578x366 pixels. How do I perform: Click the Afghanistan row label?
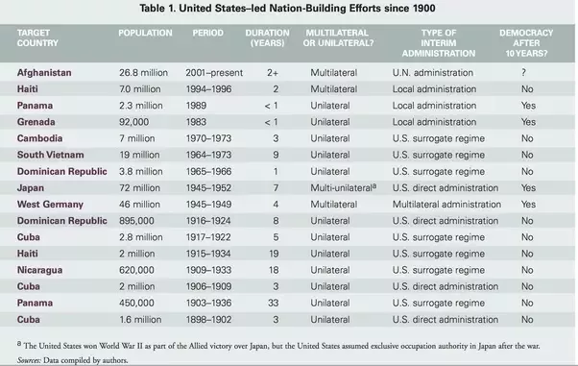point(44,73)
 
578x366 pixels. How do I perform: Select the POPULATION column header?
point(145,33)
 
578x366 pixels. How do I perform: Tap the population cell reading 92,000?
point(133,122)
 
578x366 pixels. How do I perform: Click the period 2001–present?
point(214,73)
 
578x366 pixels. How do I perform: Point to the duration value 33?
point(273,303)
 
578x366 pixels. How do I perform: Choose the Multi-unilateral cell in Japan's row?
point(343,187)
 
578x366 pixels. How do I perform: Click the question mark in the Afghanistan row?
point(523,73)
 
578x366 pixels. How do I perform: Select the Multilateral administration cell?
point(446,205)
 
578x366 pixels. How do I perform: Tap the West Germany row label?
point(50,205)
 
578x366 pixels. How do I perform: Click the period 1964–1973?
point(208,155)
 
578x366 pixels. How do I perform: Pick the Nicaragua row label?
point(39,270)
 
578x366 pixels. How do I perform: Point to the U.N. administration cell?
point(433,73)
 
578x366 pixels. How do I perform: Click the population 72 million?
point(140,187)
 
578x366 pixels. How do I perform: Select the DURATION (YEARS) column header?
point(268,38)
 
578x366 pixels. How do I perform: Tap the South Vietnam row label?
point(51,155)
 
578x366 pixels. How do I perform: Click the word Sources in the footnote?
point(29,360)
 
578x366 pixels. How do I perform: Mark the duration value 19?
point(273,254)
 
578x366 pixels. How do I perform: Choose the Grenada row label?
point(36,122)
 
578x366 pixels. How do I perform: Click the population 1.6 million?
point(140,320)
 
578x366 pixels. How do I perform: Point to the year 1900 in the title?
point(424,8)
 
